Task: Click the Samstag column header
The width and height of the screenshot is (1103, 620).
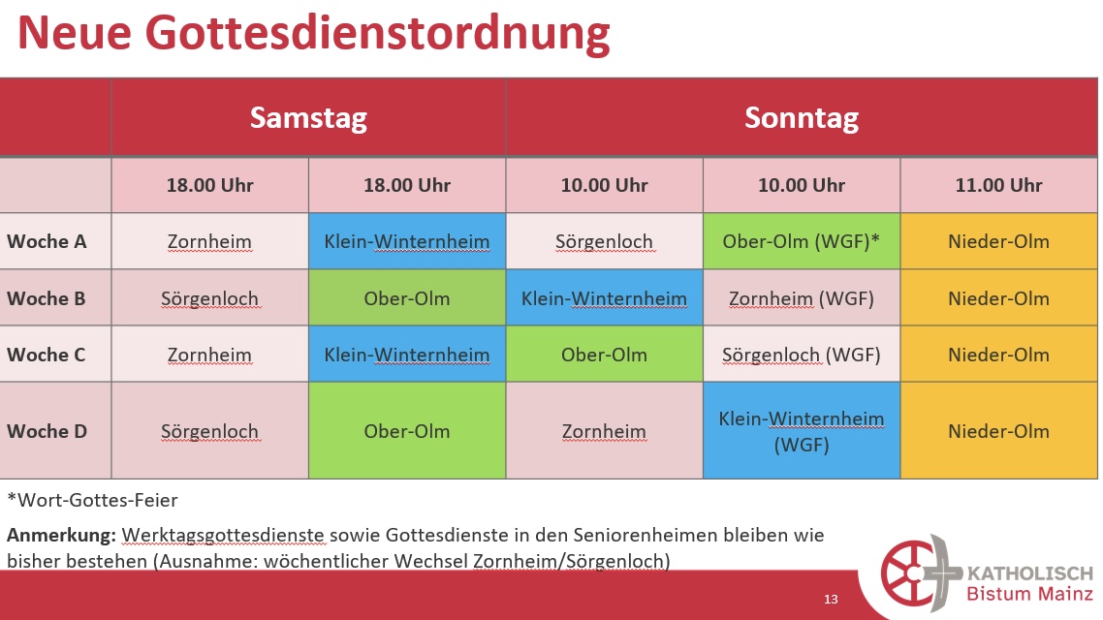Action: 308,118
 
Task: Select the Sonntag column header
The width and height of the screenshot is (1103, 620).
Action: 802,118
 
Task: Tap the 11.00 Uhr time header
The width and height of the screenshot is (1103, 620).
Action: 998,185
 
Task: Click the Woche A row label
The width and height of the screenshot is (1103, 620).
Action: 47,241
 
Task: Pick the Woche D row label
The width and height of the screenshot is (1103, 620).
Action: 47,431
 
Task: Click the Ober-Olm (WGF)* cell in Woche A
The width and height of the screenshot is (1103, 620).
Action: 802,241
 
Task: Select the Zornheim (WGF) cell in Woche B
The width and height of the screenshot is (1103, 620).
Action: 802,298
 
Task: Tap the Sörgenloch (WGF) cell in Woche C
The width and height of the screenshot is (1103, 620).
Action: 802,355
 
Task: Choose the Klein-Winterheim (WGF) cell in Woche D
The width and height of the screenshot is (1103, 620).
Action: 802,432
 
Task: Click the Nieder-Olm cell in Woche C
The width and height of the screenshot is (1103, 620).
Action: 998,355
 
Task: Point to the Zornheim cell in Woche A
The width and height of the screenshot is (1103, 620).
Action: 209,241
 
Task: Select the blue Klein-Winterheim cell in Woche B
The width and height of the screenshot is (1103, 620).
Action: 604,298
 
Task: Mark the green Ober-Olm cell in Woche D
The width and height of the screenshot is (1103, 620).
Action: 407,431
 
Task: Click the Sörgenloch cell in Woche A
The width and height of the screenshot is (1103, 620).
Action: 604,241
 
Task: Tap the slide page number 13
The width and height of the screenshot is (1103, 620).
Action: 831,599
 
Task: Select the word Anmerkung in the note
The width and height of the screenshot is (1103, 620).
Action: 61,535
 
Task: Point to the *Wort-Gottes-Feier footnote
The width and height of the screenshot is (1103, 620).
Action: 92,501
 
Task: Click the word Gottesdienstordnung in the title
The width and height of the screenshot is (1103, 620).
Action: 378,32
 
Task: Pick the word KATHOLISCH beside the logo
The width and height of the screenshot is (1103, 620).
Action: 1029,573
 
